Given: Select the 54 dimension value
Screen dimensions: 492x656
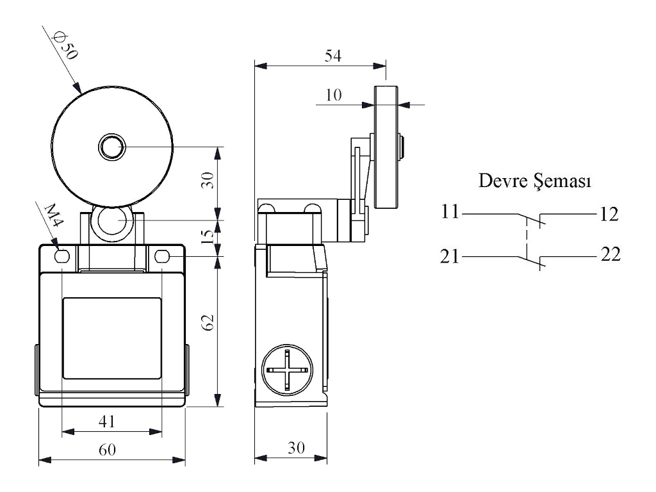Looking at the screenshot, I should (332, 56).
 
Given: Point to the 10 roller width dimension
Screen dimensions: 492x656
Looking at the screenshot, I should (333, 95).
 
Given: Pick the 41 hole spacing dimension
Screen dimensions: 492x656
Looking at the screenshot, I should (106, 421).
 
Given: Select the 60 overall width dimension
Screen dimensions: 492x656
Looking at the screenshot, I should (106, 450).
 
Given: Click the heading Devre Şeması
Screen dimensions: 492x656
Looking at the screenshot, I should (534, 181).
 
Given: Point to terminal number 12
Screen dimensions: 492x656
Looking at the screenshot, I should (610, 214).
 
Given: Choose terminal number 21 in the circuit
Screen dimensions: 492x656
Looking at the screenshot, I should (450, 257).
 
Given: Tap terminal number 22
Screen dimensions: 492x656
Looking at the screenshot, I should (611, 255).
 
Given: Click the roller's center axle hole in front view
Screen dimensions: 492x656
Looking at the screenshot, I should (112, 147).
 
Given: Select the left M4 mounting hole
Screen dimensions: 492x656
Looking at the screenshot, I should (62, 257).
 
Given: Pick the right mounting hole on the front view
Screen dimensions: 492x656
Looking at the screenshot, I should (161, 257).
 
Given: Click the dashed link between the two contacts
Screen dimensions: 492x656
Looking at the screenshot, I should (528, 237).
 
